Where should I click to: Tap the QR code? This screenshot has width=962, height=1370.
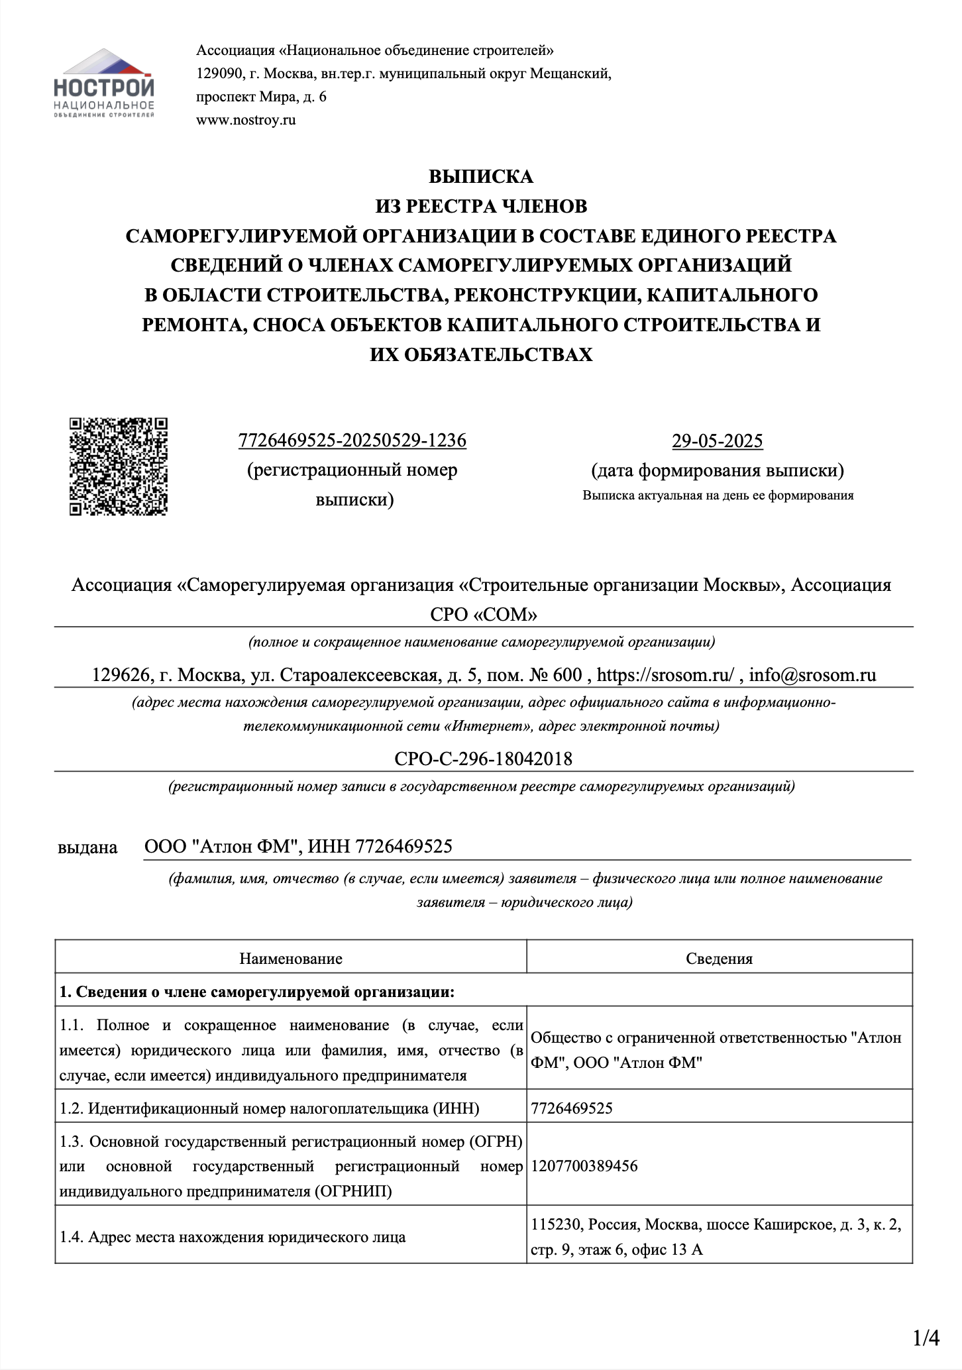click(x=119, y=466)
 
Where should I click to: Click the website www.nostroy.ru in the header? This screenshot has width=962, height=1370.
click(x=246, y=120)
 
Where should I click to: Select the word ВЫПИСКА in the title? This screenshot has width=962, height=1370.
click(x=480, y=177)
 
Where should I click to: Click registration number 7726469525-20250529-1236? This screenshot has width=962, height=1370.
click(x=352, y=441)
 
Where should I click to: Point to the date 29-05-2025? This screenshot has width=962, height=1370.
click(x=717, y=441)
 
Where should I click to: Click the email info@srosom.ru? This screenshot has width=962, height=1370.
click(x=812, y=675)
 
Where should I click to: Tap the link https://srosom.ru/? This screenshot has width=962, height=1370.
click(x=665, y=675)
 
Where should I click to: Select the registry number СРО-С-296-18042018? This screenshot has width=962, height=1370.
click(x=483, y=759)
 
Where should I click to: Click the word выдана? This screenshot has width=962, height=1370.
click(x=87, y=847)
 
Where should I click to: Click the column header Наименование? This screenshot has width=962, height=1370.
click(x=291, y=959)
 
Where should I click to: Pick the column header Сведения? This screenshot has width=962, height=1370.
click(x=719, y=959)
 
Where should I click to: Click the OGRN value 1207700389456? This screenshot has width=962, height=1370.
click(x=584, y=1167)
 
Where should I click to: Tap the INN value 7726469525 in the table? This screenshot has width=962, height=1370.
click(x=572, y=1108)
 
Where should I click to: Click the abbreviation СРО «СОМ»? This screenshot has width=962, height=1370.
click(x=483, y=615)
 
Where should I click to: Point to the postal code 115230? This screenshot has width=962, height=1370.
click(x=556, y=1225)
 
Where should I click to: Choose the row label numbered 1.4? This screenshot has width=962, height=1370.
click(x=232, y=1237)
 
